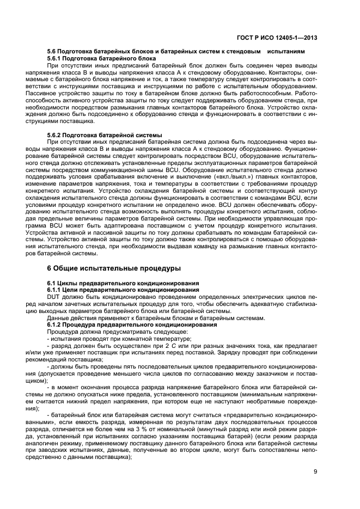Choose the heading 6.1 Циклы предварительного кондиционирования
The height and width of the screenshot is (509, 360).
(x=123, y=284)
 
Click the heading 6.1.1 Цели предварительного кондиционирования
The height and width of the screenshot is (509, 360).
(x=123, y=290)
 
